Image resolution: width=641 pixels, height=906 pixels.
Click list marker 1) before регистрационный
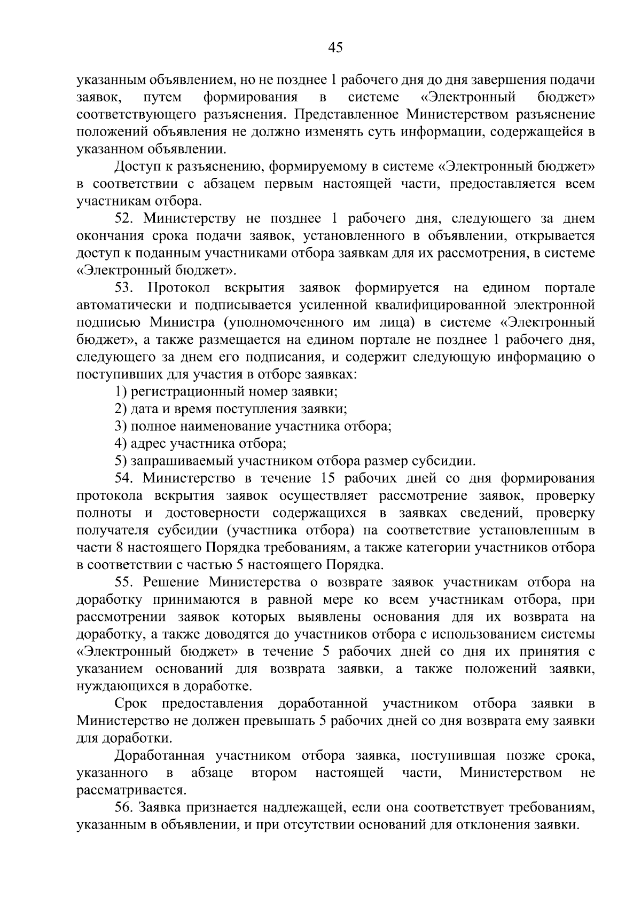[x=121, y=392]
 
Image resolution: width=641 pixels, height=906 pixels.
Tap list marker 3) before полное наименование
[x=121, y=427]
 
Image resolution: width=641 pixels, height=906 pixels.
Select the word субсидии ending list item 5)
[x=448, y=461]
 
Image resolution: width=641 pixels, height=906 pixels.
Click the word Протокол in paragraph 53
[x=179, y=288]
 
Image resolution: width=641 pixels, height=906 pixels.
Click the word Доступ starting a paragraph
[x=136, y=167]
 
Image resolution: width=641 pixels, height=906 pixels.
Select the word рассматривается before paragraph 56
[x=131, y=790]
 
